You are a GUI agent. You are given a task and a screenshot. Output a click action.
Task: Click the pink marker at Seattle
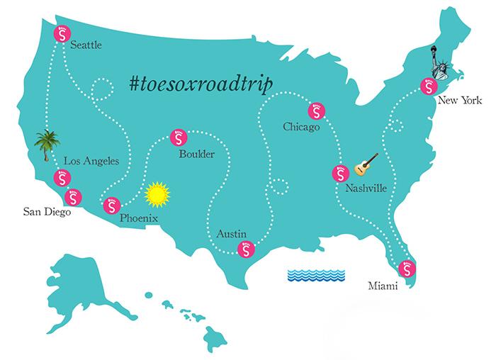pyautogui.click(x=63, y=33)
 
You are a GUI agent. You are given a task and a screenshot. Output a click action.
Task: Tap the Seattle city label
pyautogui.click(x=86, y=45)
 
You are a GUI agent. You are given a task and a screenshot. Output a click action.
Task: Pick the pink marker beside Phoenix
pyautogui.click(x=111, y=206)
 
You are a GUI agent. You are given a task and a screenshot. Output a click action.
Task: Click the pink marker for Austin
pyautogui.click(x=244, y=249)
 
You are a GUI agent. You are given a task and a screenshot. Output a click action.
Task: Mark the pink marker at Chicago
pyautogui.click(x=314, y=111)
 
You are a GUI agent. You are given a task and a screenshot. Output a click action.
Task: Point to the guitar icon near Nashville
pyautogui.click(x=366, y=164)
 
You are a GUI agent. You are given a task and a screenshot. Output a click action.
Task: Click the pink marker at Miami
pyautogui.click(x=407, y=269)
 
